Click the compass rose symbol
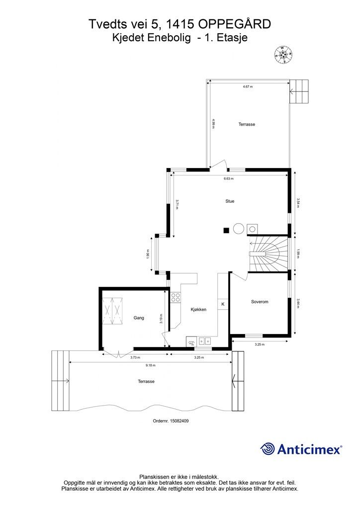point(284,54)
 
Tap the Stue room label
point(230,201)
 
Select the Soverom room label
point(260,302)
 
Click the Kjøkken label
point(198,310)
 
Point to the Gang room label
point(139,318)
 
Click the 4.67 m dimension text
point(248,86)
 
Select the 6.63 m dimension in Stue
point(229,178)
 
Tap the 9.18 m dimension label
point(151,365)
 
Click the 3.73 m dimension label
point(135,358)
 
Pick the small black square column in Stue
point(226,231)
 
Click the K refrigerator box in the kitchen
point(223,304)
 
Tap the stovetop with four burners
point(176,298)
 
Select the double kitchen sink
point(205,341)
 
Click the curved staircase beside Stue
point(269,254)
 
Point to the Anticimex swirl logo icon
point(268,449)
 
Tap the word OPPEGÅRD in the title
point(234,24)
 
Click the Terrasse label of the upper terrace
point(247,124)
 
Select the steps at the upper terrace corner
point(299,91)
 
